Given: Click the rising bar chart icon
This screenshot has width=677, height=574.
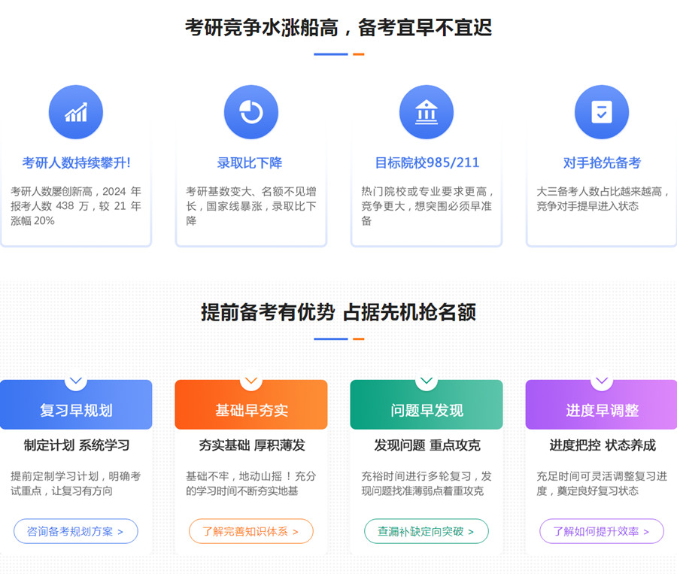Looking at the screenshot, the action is (76, 112).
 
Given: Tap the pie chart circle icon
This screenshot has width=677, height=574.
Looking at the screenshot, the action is (251, 112).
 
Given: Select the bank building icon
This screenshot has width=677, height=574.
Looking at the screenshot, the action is (427, 112).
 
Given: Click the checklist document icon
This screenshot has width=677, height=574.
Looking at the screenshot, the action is (602, 112).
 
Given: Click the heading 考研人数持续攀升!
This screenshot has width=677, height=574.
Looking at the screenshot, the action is (77, 162).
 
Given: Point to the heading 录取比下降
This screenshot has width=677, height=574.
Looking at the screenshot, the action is (250, 162).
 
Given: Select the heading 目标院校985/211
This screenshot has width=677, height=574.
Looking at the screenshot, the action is (427, 162).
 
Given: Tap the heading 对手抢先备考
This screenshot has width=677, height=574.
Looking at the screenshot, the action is (602, 162).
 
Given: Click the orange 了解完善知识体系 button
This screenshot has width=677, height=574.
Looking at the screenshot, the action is (250, 531).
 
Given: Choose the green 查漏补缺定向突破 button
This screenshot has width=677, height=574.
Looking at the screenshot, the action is (427, 531).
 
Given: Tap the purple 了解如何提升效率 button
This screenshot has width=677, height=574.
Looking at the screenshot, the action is (602, 531).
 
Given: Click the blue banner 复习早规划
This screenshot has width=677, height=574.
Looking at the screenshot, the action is (76, 405).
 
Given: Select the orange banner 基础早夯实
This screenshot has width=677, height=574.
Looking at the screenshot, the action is (251, 405).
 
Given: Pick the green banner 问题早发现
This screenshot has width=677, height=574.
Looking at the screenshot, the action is (427, 405).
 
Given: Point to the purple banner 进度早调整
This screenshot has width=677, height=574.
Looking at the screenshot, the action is (602, 405).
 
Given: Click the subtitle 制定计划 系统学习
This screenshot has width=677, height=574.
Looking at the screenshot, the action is (77, 445).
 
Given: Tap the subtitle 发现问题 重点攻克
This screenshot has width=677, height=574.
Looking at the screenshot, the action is (427, 445).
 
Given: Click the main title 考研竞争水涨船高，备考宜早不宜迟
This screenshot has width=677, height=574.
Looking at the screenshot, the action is (338, 28).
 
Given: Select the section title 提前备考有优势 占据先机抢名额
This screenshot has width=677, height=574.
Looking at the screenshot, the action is (338, 312).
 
